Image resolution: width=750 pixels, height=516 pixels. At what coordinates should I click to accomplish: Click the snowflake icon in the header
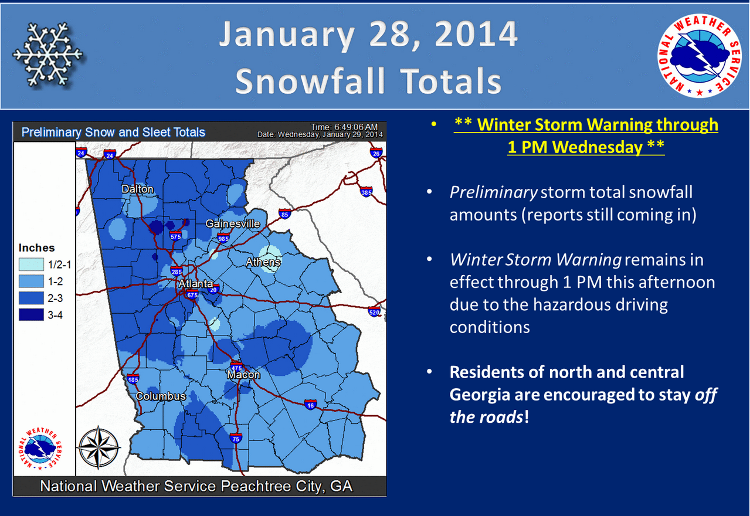48,55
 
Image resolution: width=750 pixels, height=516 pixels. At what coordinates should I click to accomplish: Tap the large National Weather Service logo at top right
699,56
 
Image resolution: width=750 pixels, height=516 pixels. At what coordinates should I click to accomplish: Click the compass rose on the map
99,447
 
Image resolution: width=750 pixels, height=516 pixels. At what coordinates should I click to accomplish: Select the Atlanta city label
195,284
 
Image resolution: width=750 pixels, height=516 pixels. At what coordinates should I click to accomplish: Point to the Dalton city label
138,189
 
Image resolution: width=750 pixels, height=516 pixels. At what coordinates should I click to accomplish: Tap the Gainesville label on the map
233,223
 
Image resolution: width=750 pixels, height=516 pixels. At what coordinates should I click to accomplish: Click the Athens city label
263,262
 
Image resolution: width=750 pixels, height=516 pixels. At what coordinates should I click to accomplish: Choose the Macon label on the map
243,374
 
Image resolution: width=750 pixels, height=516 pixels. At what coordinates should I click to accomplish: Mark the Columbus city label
161,396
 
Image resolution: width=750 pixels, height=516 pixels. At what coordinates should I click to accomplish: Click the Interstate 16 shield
310,405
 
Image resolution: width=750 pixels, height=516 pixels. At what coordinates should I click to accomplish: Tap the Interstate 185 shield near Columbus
133,379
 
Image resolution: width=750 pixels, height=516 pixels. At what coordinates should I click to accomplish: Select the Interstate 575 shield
175,236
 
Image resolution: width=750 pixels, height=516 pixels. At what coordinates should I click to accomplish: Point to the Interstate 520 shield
374,311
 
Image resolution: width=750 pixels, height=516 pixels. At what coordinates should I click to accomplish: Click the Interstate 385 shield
366,192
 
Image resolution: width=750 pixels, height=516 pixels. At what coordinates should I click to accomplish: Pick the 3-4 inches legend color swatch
31,315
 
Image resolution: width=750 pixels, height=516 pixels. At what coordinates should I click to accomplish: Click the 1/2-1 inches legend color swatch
31,264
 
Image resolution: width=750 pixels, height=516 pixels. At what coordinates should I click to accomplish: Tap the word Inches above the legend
36,248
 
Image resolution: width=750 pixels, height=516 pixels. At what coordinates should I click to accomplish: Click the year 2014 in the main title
476,34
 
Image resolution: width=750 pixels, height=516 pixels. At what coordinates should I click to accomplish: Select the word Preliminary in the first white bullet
494,193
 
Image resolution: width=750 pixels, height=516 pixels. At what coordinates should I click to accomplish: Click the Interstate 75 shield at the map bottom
236,439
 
